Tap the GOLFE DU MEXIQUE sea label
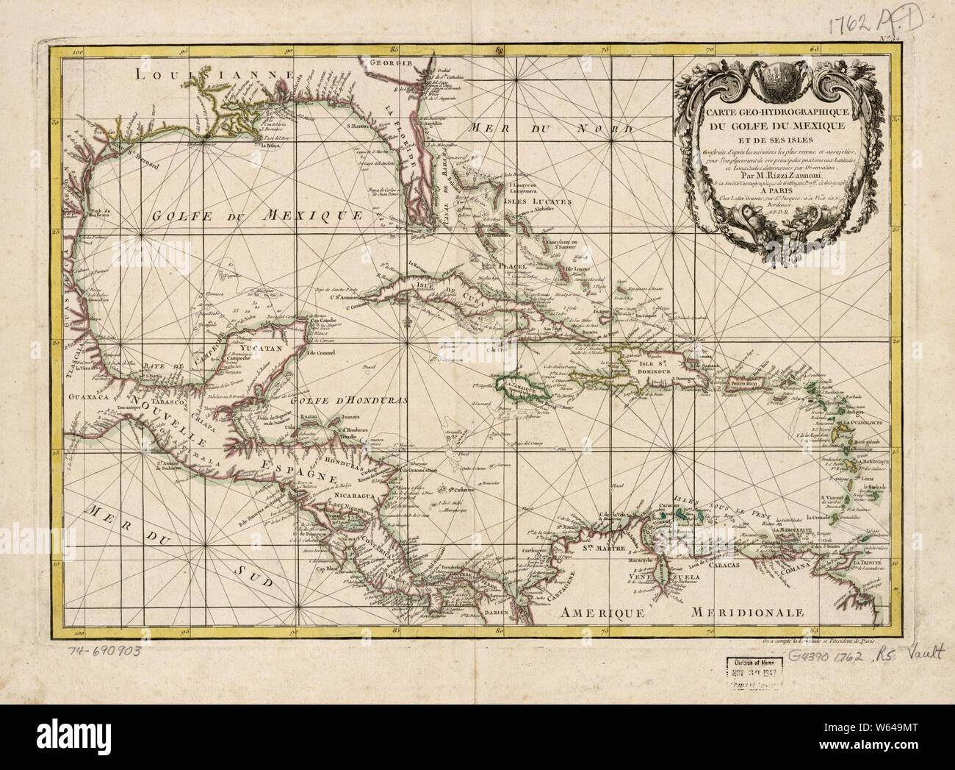257,216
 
